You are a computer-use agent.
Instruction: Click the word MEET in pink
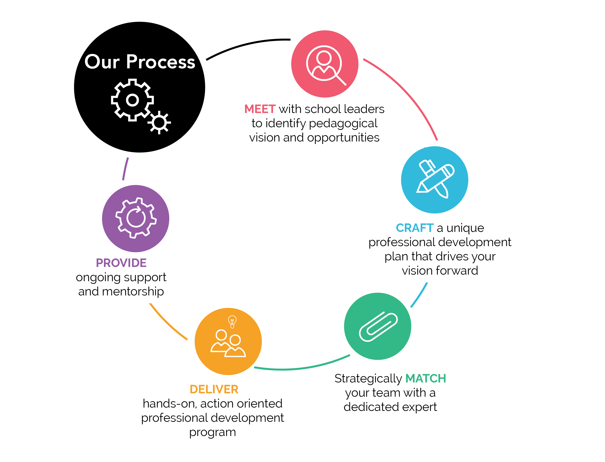tap(260, 109)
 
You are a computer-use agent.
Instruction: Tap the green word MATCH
tap(425, 379)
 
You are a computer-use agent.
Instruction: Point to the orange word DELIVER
tap(214, 389)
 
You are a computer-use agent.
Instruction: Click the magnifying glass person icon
tap(326, 65)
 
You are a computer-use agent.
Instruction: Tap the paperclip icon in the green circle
tap(378, 326)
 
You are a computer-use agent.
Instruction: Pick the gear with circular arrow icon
tap(136, 218)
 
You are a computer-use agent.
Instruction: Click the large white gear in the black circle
tap(132, 100)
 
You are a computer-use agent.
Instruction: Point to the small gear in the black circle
tap(159, 123)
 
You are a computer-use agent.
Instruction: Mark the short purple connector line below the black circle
tap(125, 169)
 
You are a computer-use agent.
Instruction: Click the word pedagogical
tap(343, 124)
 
